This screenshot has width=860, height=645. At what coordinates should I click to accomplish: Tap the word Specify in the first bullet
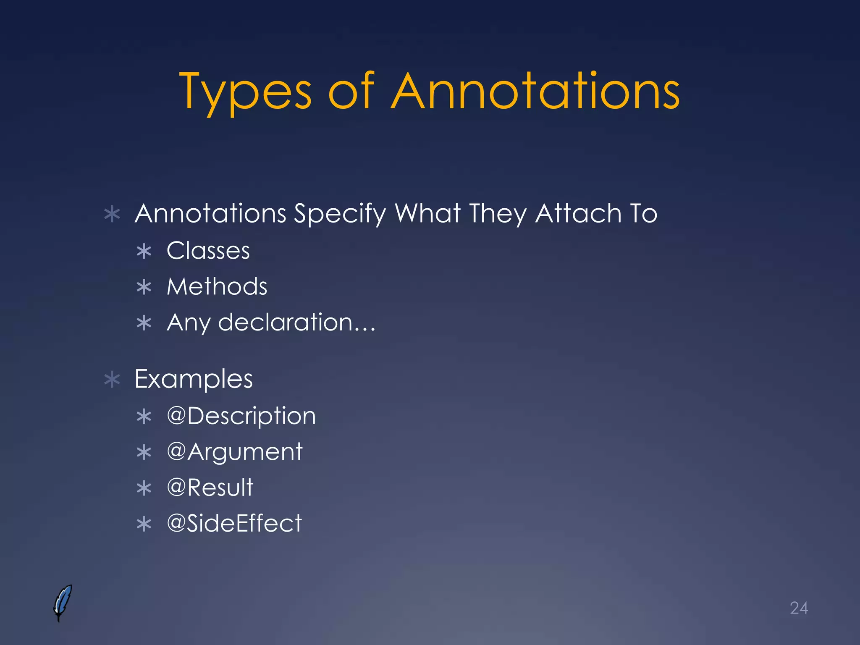click(x=339, y=214)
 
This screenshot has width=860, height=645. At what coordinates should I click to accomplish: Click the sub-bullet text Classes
click(x=208, y=251)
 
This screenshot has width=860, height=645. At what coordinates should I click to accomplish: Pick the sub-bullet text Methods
click(x=217, y=287)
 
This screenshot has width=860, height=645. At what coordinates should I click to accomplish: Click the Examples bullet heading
click(x=194, y=379)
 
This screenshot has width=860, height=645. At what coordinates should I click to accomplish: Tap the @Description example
click(x=241, y=416)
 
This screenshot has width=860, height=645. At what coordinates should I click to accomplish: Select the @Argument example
click(x=234, y=452)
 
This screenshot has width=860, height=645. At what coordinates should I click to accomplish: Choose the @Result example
click(x=210, y=488)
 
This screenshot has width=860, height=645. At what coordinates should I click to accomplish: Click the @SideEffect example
click(x=234, y=524)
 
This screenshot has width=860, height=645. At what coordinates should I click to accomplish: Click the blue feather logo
click(x=63, y=603)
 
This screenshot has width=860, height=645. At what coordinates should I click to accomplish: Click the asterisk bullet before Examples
click(x=112, y=380)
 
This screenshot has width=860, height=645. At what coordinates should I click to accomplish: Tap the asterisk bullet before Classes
click(x=144, y=252)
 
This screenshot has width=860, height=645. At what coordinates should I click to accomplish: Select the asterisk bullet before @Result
click(x=144, y=488)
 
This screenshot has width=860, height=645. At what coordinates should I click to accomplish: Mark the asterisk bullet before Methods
click(x=144, y=288)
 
